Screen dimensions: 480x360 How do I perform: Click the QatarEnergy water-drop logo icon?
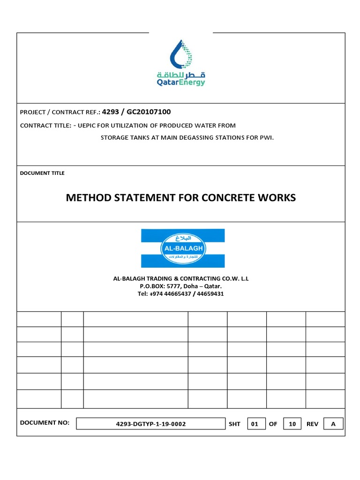(180, 53)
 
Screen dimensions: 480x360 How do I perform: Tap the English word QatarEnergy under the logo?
(180, 82)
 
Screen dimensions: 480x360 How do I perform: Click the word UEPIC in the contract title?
(89, 125)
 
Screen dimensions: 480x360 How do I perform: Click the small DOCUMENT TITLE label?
(42, 173)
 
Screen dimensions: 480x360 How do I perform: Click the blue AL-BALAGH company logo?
(182, 248)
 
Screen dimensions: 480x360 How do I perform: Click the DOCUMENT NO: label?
(45, 423)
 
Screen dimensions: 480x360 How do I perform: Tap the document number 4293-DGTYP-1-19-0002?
(150, 424)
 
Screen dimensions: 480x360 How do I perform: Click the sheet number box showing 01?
(255, 424)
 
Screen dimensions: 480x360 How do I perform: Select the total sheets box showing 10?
(292, 424)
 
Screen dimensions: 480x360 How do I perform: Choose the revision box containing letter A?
(333, 424)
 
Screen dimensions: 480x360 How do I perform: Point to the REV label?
(312, 424)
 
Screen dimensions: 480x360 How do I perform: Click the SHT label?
(234, 424)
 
